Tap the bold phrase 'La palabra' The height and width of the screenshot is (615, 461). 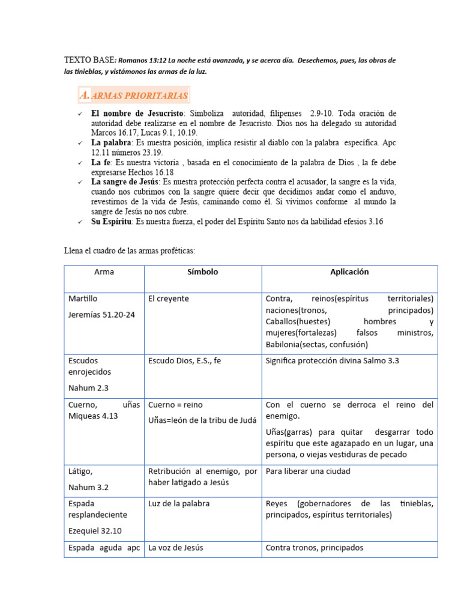[x=112, y=143]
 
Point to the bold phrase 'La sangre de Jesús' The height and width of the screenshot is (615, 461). [x=125, y=182]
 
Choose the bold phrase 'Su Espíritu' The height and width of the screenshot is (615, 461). [x=112, y=222]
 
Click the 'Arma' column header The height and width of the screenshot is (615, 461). [x=104, y=272]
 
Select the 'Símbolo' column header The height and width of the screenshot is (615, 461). [x=202, y=272]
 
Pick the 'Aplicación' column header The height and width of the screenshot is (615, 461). [x=349, y=272]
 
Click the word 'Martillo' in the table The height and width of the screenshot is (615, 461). [x=83, y=298]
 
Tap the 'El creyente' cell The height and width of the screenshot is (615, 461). [x=168, y=298]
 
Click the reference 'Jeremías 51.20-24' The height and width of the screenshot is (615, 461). [x=101, y=315]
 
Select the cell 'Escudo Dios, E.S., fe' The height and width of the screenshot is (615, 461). [x=185, y=361]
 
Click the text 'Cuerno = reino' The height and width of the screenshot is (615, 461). [x=175, y=405]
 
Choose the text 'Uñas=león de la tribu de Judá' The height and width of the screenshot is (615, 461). [x=199, y=421]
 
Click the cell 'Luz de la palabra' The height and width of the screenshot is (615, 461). [x=179, y=504]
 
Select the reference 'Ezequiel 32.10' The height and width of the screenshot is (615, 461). [x=97, y=531]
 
